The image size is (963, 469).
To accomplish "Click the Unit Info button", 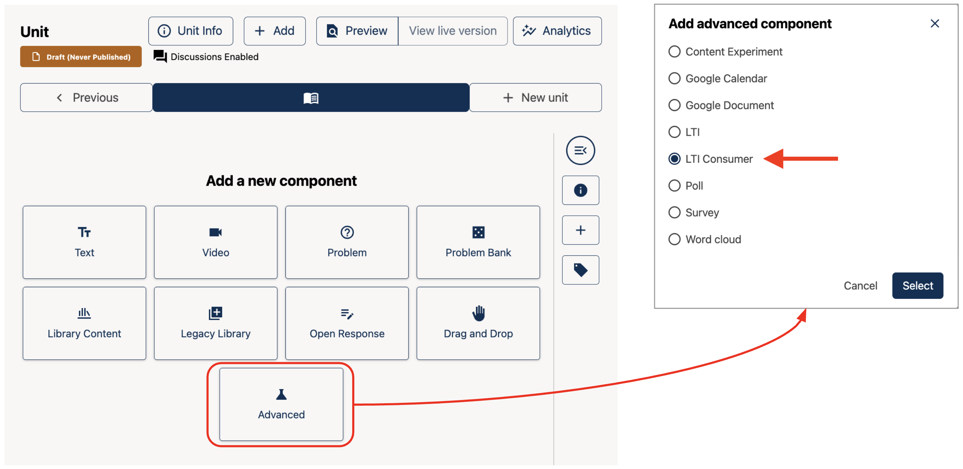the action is pyautogui.click(x=191, y=31).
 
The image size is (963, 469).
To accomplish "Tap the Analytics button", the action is pyautogui.click(x=557, y=31).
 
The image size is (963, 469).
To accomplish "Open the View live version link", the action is pyautogui.click(x=453, y=31).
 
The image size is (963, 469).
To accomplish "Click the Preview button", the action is pyautogui.click(x=358, y=31).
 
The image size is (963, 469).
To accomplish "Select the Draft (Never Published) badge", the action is pyautogui.click(x=81, y=57).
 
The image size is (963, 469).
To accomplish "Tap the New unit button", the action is pyautogui.click(x=535, y=98).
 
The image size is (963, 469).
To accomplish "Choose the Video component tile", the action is pyautogui.click(x=216, y=242).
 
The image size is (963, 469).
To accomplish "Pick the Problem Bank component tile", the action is pyautogui.click(x=478, y=242).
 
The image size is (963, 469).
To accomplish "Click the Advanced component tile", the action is pyautogui.click(x=281, y=404).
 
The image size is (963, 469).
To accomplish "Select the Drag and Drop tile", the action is pyautogui.click(x=478, y=323).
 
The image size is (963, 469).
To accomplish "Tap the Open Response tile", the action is pyautogui.click(x=347, y=323).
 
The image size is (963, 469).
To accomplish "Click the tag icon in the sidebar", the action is pyautogui.click(x=580, y=270).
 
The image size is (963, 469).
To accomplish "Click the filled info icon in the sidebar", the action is pyautogui.click(x=580, y=190).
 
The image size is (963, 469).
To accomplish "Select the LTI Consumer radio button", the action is pyautogui.click(x=674, y=159).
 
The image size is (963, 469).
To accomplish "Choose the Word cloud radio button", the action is pyautogui.click(x=674, y=239).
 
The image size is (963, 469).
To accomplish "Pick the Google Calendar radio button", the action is pyautogui.click(x=674, y=79).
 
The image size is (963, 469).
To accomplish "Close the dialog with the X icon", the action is pyautogui.click(x=935, y=24).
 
